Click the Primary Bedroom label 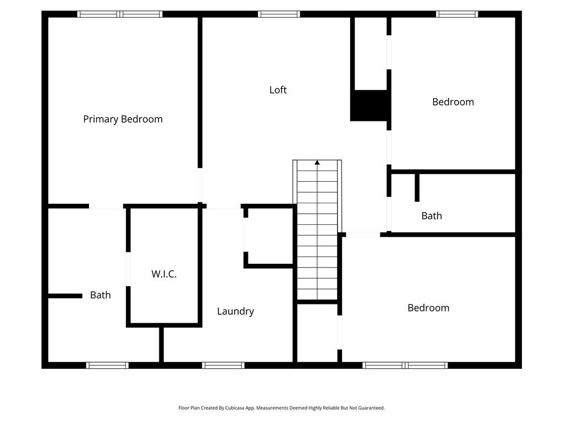tap(123, 119)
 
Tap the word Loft tap(278, 90)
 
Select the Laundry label tap(235, 311)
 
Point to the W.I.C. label tap(164, 274)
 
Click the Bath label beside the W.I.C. tap(100, 295)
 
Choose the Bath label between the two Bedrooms tap(432, 215)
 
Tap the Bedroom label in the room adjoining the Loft tap(453, 102)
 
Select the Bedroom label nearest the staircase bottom tap(428, 308)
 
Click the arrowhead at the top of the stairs tap(317, 163)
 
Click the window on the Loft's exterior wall tap(279, 14)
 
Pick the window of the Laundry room tap(223, 365)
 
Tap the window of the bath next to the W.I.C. tap(107, 365)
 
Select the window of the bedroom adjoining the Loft tap(457, 14)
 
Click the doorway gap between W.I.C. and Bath tap(128, 269)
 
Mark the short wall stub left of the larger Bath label tap(65, 296)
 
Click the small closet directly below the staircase tap(317, 333)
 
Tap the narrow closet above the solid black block tap(371, 53)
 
